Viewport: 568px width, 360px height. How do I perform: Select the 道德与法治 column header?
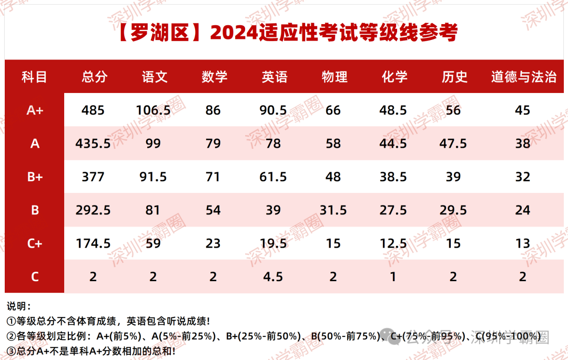524,77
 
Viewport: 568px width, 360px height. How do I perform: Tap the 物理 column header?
334,77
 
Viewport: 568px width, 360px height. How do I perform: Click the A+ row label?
35,110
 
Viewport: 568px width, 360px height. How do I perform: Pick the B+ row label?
35,177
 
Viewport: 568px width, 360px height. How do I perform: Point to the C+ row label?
35,243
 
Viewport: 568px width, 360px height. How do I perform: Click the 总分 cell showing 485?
93,110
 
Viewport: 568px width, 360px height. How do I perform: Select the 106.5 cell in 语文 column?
153,110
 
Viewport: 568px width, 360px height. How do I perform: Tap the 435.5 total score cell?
93,143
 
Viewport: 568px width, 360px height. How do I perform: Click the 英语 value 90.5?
273,110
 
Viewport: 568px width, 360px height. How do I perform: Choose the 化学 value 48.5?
393,110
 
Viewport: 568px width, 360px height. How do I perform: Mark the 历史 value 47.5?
453,143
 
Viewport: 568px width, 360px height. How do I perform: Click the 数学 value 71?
213,177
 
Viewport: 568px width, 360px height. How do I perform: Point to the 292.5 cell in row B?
93,210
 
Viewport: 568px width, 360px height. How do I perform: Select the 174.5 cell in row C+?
93,243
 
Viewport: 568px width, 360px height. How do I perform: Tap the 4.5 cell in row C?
273,277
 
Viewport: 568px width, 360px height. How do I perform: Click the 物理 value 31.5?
333,210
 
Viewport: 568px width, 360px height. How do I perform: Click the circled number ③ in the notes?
12,351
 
